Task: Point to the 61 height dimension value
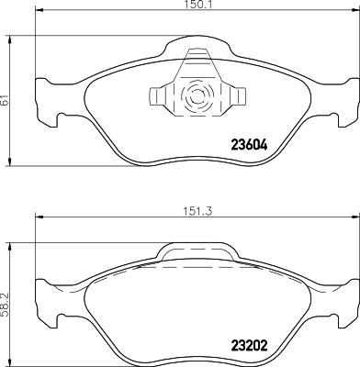(5, 102)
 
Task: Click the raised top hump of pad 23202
(195, 250)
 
